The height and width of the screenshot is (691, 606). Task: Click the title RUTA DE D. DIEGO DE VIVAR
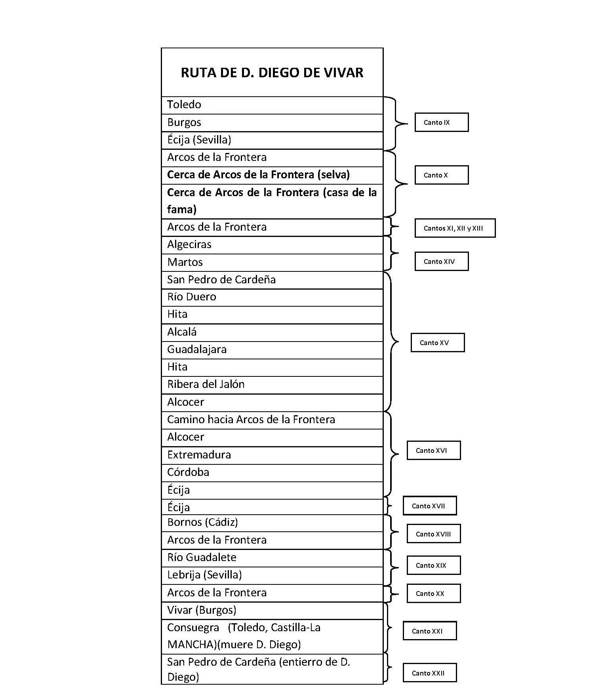tap(272, 73)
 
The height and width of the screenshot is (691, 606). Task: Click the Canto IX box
tap(441, 122)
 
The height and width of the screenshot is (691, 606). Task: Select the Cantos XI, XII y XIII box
tap(455, 228)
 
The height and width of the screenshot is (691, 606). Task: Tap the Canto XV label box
tap(437, 343)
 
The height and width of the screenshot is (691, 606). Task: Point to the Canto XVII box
tap(429, 506)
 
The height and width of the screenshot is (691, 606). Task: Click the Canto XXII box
tap(429, 673)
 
